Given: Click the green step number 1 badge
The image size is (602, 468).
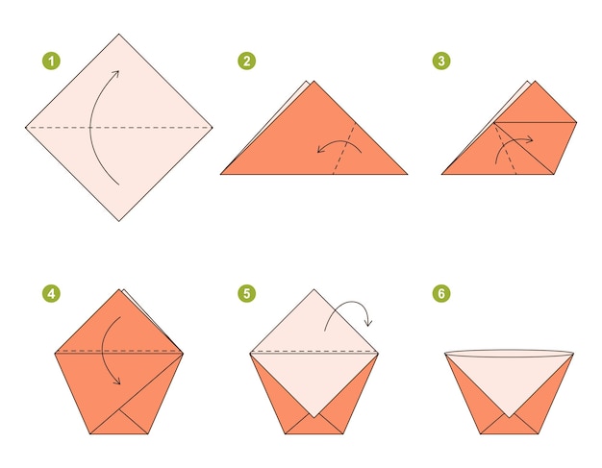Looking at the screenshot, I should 51,61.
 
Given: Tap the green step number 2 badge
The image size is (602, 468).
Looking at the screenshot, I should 247,61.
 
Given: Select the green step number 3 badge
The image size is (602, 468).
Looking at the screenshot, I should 441,61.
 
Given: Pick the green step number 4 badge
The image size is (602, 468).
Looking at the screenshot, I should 51,293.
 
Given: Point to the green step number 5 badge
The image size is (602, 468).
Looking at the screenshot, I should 247,293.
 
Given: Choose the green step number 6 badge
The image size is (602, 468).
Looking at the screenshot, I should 441,293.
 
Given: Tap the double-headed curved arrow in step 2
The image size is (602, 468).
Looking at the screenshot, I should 339,145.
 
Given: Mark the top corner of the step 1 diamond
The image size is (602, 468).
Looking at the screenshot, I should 120,36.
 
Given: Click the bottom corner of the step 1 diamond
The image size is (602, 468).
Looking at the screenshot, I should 120,220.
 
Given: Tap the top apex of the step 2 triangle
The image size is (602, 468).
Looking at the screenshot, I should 311,83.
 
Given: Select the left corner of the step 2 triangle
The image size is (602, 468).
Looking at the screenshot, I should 222,174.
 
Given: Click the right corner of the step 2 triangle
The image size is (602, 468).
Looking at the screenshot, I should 406,174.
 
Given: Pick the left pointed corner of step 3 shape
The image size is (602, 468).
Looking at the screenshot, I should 443,174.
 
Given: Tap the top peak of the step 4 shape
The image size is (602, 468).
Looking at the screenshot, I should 120,289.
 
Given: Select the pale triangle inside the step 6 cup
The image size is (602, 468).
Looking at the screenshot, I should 509,380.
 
